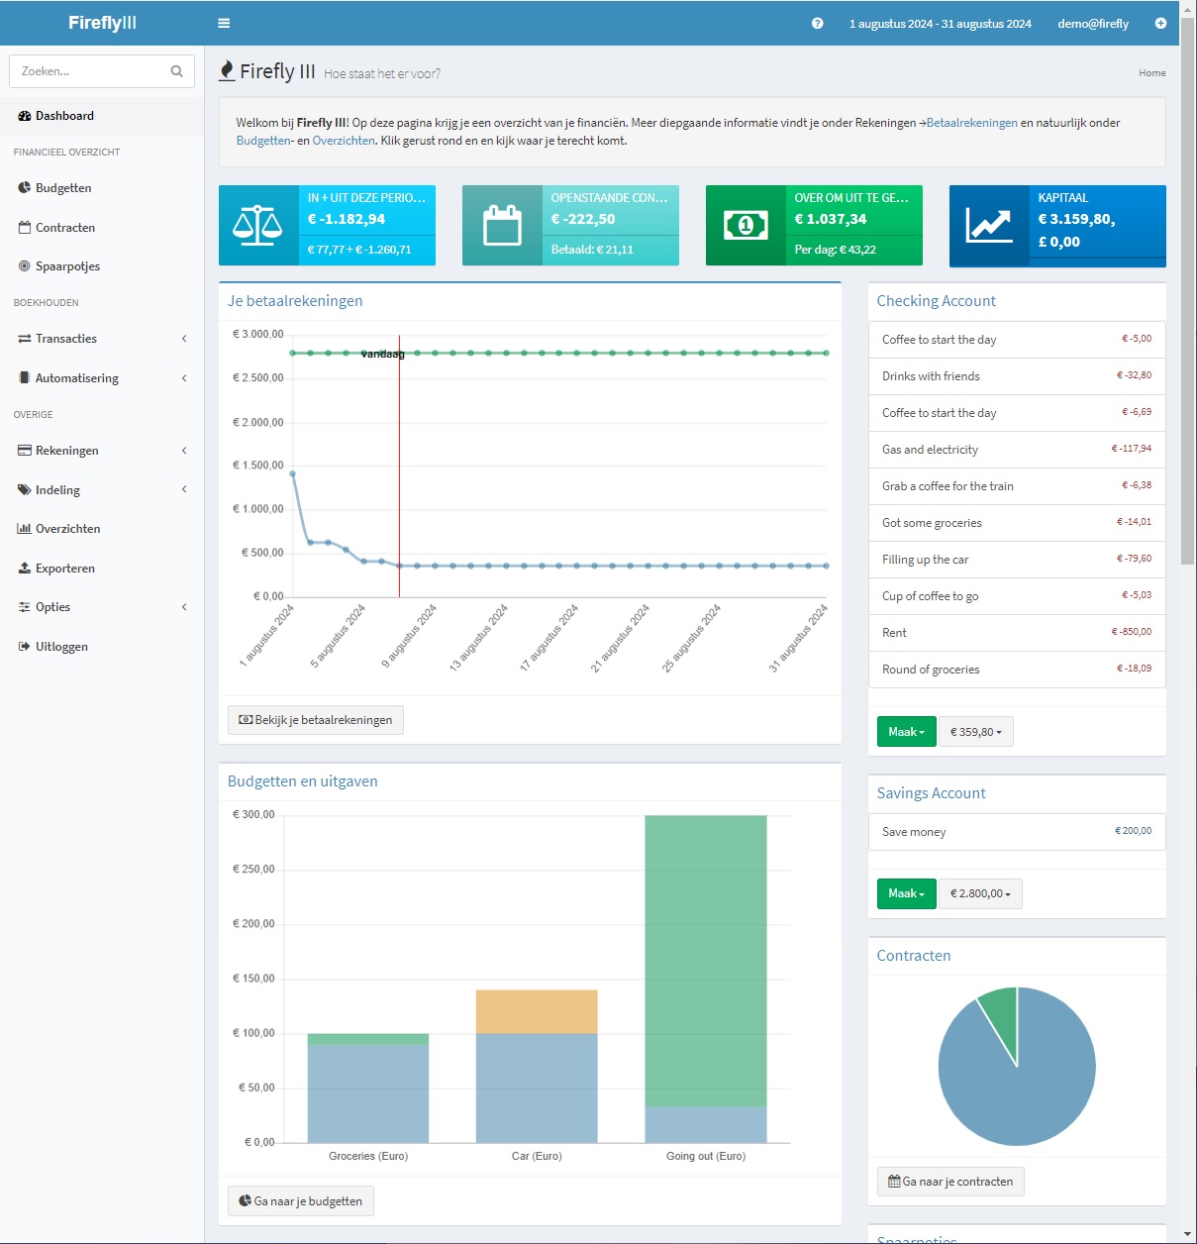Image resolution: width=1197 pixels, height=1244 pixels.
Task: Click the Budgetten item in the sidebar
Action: coord(63,188)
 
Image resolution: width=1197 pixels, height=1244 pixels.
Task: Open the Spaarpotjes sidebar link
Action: coord(67,266)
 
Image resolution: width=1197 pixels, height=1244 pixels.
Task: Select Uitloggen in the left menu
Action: coord(61,647)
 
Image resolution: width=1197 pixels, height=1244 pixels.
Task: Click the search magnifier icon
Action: coord(176,71)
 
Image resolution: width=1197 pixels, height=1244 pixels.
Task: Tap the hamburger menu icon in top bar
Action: coord(224,24)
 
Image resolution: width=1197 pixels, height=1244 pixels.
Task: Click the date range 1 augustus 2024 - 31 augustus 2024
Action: coord(940,24)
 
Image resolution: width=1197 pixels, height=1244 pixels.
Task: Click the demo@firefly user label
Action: coord(1093,24)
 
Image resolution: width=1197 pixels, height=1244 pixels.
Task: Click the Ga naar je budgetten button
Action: coord(301,1201)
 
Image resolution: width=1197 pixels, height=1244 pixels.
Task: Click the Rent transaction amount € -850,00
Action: coord(1131,632)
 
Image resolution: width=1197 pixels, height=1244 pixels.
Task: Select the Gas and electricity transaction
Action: coord(930,450)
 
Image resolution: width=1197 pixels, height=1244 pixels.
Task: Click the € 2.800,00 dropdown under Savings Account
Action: coord(980,893)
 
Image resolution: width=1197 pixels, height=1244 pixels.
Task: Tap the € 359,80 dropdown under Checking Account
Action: coord(975,732)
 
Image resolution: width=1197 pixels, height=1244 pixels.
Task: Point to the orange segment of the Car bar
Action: coord(537,1011)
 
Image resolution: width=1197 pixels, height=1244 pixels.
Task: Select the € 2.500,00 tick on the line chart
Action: coord(257,378)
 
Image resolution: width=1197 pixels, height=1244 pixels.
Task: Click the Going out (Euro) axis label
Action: coord(705,1156)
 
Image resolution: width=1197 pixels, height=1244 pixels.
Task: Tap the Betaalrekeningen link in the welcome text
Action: coord(971,123)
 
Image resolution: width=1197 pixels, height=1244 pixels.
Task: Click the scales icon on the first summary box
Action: coord(257,226)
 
